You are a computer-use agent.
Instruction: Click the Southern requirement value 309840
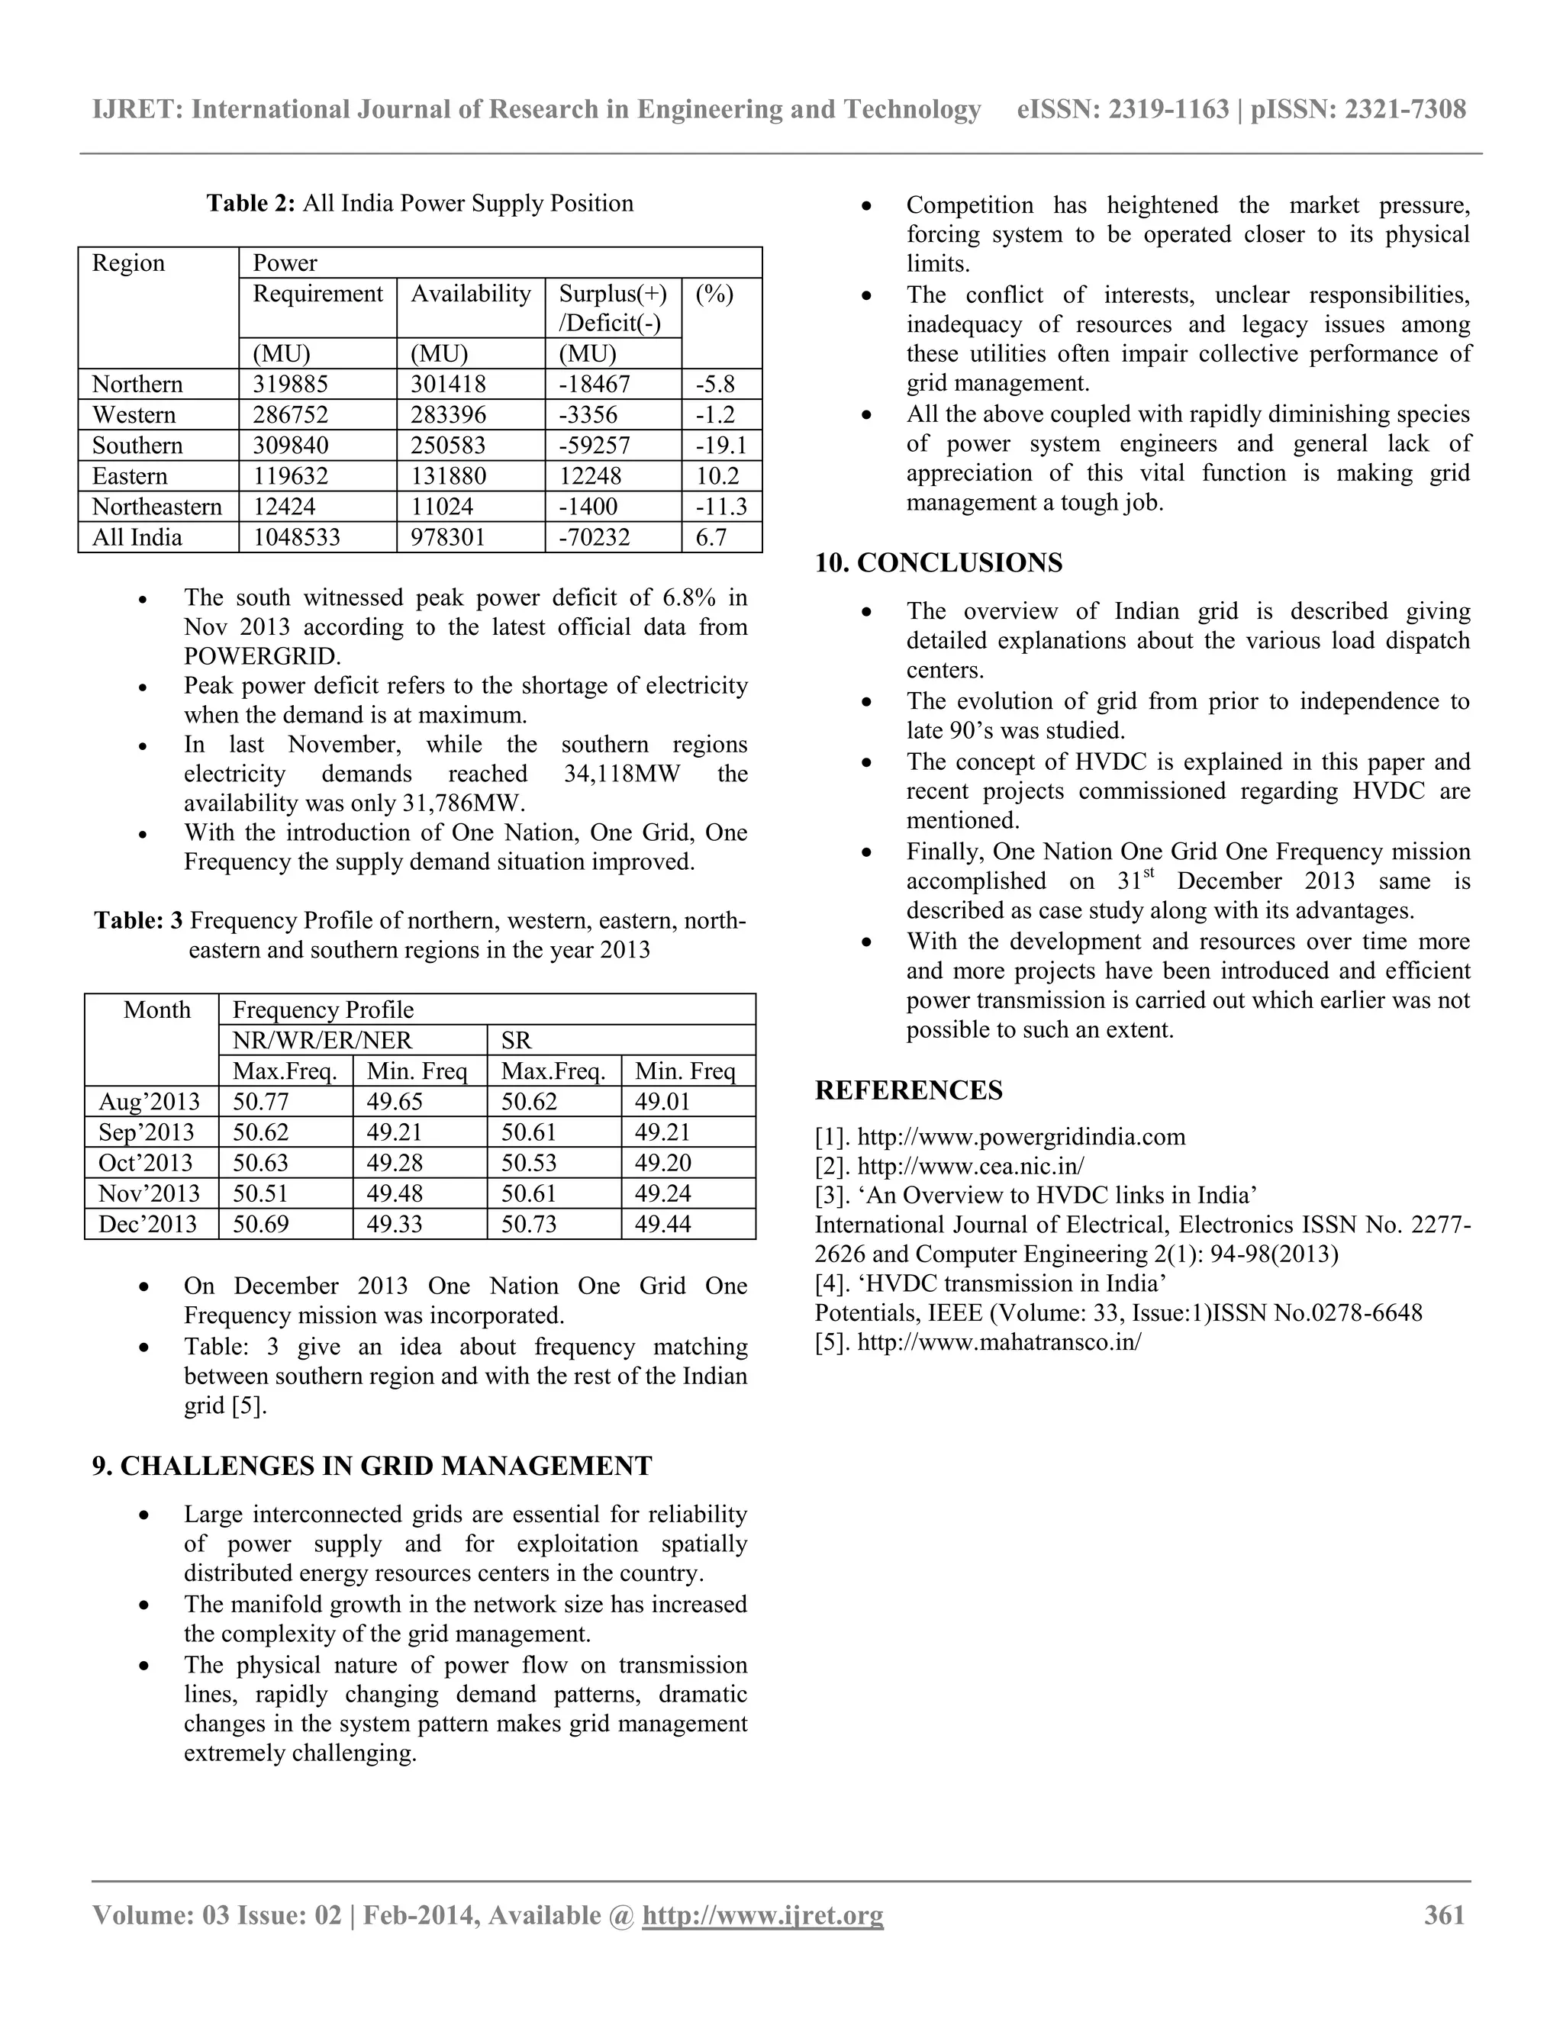point(291,446)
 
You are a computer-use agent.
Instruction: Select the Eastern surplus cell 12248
point(590,476)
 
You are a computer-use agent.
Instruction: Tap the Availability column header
point(470,294)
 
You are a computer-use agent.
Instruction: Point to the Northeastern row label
point(156,507)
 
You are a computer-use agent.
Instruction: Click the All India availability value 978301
point(448,537)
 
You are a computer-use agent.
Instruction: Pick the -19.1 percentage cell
point(720,446)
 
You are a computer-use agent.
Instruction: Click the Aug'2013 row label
point(149,1101)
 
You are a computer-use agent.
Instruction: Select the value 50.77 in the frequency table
point(261,1101)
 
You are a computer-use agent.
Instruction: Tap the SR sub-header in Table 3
point(517,1040)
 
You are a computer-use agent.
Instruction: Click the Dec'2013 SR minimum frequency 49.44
point(663,1224)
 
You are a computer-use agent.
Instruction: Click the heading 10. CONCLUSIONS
point(938,563)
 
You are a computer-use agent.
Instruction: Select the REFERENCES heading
point(908,1090)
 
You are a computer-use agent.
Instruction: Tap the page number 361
point(1445,1914)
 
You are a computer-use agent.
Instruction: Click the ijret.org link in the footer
point(762,1914)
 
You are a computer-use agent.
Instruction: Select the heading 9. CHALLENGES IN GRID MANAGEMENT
point(372,1466)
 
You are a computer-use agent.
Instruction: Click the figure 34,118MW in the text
point(621,773)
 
